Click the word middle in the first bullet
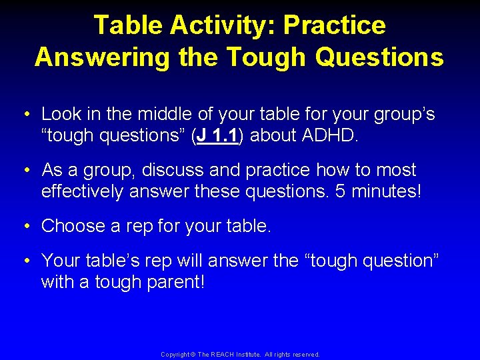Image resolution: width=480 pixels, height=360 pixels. (163, 114)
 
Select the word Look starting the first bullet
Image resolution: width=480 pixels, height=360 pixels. (61, 114)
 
